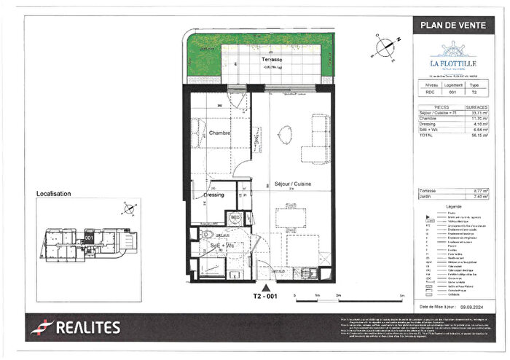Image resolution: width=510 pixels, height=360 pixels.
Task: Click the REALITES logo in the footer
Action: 75,328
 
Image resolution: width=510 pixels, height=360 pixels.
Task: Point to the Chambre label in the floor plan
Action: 220,133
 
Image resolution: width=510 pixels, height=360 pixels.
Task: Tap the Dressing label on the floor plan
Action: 213,195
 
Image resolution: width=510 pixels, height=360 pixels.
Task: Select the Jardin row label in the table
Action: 424,196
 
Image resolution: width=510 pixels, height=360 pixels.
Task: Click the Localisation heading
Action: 54,194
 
